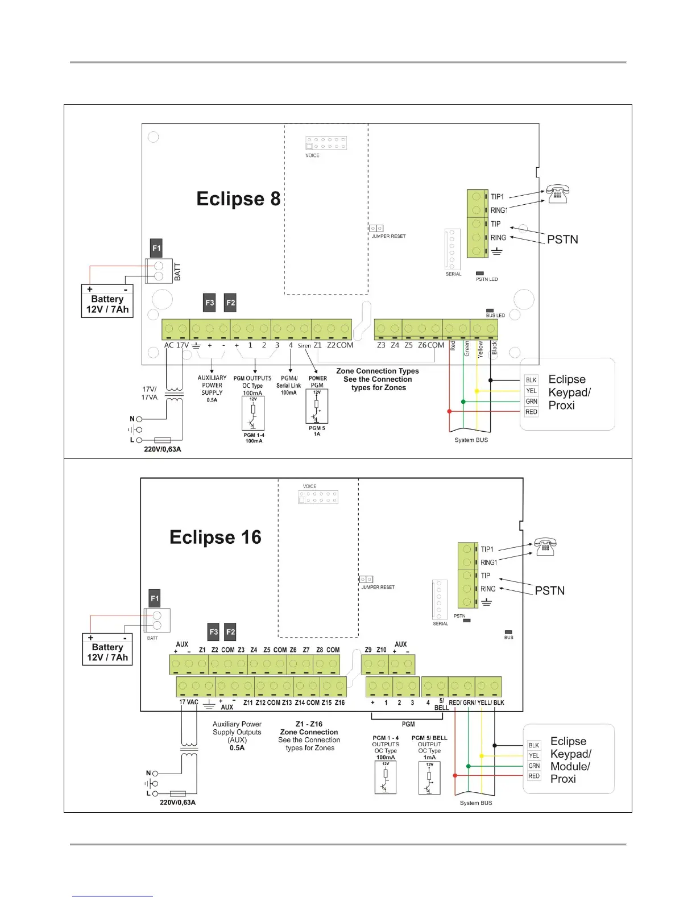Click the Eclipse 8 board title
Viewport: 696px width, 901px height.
pyautogui.click(x=238, y=199)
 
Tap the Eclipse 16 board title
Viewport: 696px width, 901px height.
pyautogui.click(x=216, y=537)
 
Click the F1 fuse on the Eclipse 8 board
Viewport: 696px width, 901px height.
pyautogui.click(x=156, y=248)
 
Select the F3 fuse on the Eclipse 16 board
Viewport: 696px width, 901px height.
pyautogui.click(x=214, y=631)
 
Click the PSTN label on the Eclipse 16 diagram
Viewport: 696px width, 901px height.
pyautogui.click(x=549, y=590)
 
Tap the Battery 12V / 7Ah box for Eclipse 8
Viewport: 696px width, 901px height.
pyautogui.click(x=107, y=301)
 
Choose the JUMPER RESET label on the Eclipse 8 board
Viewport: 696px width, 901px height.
pyautogui.click(x=388, y=236)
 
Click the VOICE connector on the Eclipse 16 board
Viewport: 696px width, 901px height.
pyautogui.click(x=318, y=497)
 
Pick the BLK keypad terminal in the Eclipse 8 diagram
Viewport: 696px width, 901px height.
pyautogui.click(x=531, y=380)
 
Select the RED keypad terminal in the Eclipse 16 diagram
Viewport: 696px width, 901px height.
pyautogui.click(x=534, y=776)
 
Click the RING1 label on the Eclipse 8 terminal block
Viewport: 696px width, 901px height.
pyautogui.click(x=499, y=210)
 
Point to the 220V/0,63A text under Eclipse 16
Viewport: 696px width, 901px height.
pyautogui.click(x=177, y=802)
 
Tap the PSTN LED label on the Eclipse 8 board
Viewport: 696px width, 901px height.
pyautogui.click(x=487, y=279)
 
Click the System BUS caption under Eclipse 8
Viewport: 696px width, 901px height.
pyautogui.click(x=471, y=440)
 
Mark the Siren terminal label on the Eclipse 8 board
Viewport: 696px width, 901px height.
pyautogui.click(x=304, y=346)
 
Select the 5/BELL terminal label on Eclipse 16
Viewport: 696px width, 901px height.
pyautogui.click(x=442, y=704)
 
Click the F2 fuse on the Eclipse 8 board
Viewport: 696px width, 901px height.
pyautogui.click(x=230, y=303)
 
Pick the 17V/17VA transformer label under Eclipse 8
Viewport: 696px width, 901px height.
pyautogui.click(x=149, y=393)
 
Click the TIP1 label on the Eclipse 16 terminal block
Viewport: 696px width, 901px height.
pyautogui.click(x=487, y=549)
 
